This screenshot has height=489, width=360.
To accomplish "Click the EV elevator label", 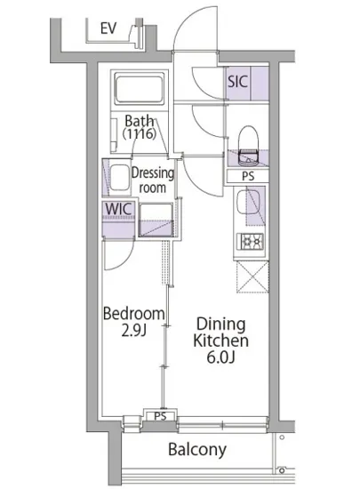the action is [x=108, y=28].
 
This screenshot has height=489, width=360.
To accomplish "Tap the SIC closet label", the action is [x=238, y=82].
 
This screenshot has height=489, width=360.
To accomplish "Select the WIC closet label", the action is [x=118, y=209].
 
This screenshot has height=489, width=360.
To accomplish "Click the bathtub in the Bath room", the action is [x=140, y=89].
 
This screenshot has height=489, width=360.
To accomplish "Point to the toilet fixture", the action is [x=248, y=145].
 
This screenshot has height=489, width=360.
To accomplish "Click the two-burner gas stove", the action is [x=251, y=241].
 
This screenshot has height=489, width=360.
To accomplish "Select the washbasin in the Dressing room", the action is [x=120, y=178].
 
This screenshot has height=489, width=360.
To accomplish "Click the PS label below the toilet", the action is [x=248, y=177].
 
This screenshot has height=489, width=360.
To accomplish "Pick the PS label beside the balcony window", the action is [x=160, y=416].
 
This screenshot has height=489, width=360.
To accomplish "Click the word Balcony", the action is [x=197, y=450].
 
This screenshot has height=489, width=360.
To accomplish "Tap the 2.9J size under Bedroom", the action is [x=133, y=332].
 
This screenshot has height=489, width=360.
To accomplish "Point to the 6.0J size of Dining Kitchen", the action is [x=220, y=357].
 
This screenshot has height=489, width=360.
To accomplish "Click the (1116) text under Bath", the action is [x=139, y=133].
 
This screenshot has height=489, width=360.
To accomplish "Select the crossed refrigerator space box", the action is [x=252, y=277].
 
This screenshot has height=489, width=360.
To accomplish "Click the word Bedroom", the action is [x=133, y=314].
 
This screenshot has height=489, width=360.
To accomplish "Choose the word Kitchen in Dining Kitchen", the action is [x=220, y=341].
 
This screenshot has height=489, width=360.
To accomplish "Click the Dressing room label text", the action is [x=152, y=180].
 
